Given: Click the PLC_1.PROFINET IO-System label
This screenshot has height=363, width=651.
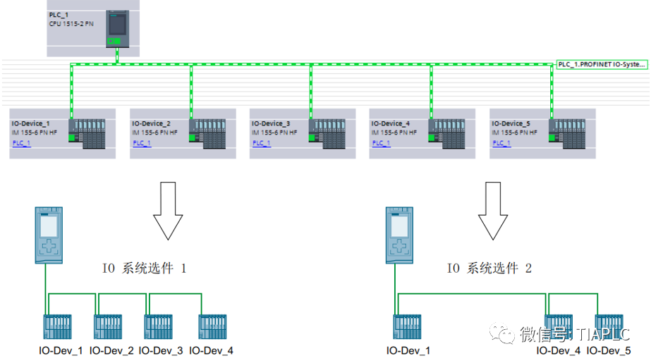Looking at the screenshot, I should click(x=601, y=64).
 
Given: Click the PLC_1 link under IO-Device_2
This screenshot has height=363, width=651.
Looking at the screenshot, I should click(x=142, y=143).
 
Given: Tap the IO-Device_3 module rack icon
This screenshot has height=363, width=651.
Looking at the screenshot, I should click(x=327, y=132).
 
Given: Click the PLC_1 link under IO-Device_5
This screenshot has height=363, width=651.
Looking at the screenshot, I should click(x=501, y=143).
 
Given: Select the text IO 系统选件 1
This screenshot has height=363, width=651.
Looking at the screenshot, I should click(x=145, y=268).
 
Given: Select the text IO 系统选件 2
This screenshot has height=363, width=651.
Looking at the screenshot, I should click(x=489, y=268).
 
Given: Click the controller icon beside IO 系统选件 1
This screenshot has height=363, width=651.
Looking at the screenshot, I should click(x=49, y=235).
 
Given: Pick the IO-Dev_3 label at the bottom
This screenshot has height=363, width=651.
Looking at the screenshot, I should click(x=162, y=350).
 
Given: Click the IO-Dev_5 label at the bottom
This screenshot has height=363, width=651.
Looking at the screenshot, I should click(x=609, y=350).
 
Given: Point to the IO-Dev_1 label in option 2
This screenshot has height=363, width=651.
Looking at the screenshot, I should click(x=408, y=350).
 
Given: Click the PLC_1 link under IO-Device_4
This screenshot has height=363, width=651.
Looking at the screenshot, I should click(x=382, y=143).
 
